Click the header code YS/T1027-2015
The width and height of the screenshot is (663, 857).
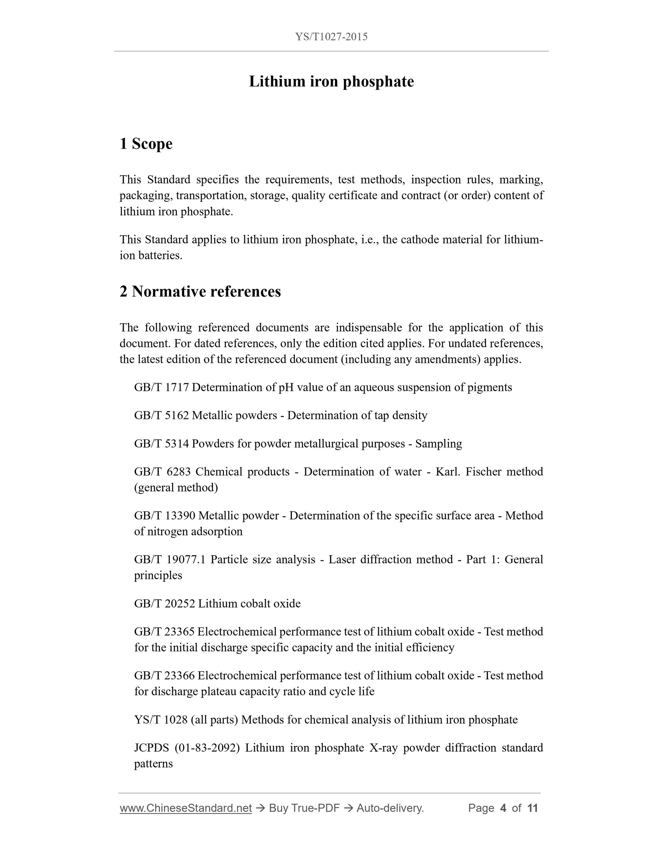[x=331, y=37]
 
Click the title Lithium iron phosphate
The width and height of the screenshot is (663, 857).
[x=331, y=82]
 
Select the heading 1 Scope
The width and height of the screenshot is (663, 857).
[x=146, y=144]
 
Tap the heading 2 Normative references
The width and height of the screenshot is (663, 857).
[x=200, y=292]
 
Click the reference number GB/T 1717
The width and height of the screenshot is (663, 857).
[x=161, y=387]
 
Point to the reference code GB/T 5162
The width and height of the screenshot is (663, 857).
[x=161, y=415]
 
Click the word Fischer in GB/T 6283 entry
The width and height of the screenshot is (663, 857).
[x=483, y=471]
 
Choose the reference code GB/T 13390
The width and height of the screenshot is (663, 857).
[x=165, y=515]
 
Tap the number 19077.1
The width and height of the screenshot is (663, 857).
[x=186, y=559]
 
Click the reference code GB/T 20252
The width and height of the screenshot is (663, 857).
[x=165, y=603]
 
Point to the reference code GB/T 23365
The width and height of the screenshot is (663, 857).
[x=164, y=631]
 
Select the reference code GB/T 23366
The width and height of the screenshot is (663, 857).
[x=164, y=675]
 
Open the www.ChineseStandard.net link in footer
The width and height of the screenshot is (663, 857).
[x=185, y=808]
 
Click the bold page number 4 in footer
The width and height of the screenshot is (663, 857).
[x=503, y=808]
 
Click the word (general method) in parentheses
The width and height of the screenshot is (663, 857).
[x=176, y=487]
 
